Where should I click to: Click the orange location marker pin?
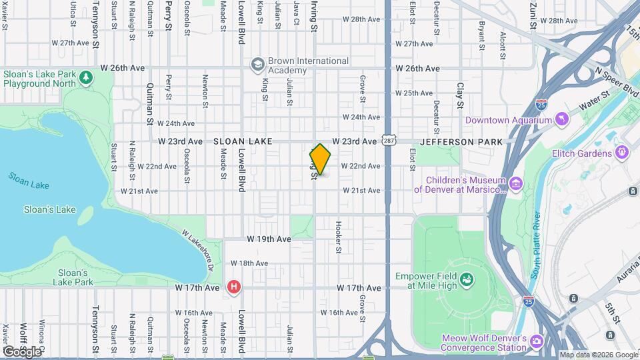pos(320,159)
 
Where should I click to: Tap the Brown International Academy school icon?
pos(257,65)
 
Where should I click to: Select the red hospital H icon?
pos(233,287)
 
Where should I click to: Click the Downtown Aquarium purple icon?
pos(562,120)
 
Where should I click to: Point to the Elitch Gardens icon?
pos(622,153)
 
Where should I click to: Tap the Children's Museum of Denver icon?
pos(515,183)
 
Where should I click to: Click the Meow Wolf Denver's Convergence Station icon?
pos(537,341)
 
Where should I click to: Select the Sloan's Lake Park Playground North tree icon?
pos(85,79)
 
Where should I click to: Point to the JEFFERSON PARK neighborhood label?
pos(461,142)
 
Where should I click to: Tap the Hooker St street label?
pos(339,237)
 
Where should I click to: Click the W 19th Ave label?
pos(269,239)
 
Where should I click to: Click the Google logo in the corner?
pos(21,351)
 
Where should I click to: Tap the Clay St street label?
pos(460,95)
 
